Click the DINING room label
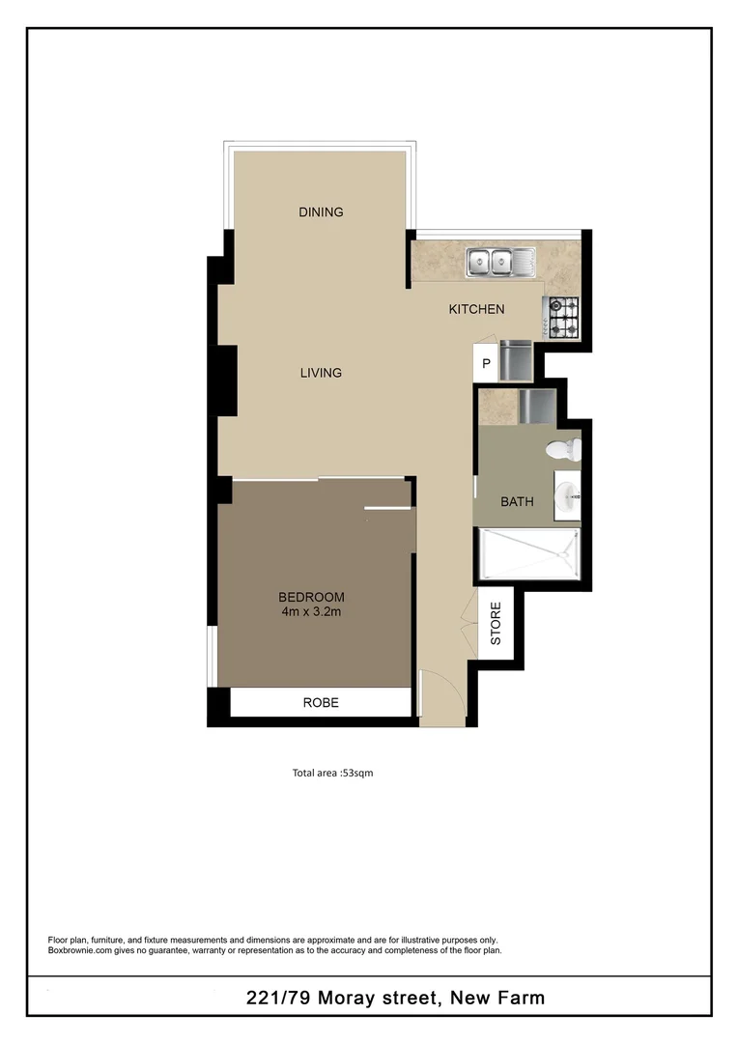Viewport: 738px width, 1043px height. point(321,212)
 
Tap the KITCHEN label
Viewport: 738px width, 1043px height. point(476,310)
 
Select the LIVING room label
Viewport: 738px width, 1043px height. point(321,373)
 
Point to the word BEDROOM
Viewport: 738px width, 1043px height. point(311,597)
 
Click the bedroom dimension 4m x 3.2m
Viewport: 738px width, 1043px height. point(311,611)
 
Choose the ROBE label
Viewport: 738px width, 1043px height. point(321,703)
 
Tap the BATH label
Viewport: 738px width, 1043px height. point(517,502)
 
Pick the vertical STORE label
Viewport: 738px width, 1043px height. point(496,624)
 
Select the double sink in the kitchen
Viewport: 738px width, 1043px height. point(491,262)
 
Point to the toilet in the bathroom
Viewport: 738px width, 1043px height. point(562,449)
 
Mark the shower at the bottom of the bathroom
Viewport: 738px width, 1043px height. point(528,555)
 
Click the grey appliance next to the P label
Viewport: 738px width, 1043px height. point(517,358)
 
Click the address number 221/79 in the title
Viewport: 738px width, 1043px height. point(281,999)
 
